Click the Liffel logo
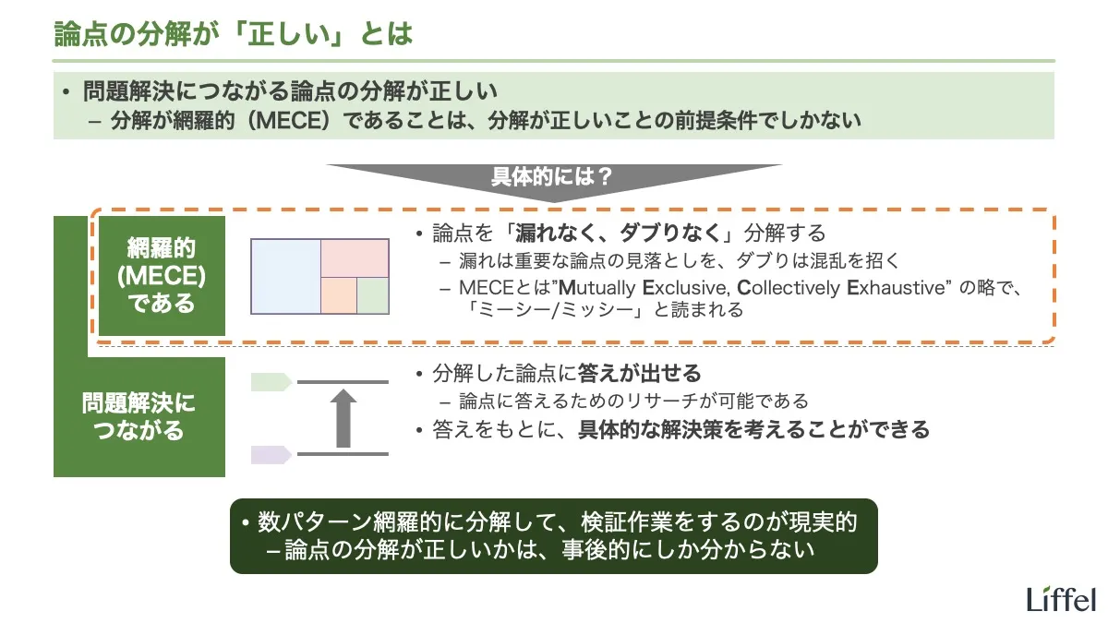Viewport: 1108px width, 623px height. coord(1061,598)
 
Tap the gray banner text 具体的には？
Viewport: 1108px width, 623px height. coord(551,176)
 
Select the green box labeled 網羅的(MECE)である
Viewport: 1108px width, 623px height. coord(162,276)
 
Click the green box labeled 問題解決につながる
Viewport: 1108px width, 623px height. coord(138,417)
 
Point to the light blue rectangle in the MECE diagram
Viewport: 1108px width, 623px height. coord(285,275)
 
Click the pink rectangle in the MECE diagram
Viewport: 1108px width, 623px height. coord(355,258)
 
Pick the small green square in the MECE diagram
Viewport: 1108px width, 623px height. coord(372,294)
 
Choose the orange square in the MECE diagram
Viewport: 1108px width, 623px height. coord(339,294)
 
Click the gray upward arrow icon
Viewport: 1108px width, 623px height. coord(343,417)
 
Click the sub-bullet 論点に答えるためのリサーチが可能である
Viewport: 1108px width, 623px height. coord(633,401)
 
